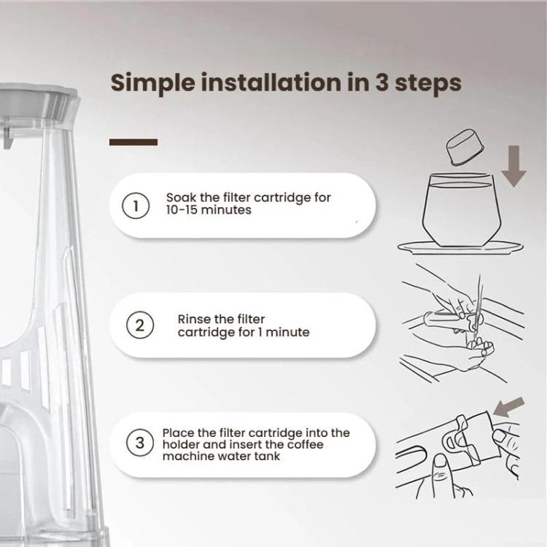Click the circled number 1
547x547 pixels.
pyautogui.click(x=136, y=206)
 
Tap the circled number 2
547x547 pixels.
pyautogui.click(x=139, y=325)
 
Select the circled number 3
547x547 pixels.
pyautogui.click(x=139, y=443)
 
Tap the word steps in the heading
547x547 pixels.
pyautogui.click(x=428, y=84)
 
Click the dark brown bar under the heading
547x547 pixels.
pyautogui.click(x=133, y=142)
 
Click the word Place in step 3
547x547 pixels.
pyautogui.click(x=178, y=433)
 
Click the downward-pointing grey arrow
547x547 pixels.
pyautogui.click(x=514, y=166)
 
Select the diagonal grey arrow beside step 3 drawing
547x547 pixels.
pyautogui.click(x=509, y=407)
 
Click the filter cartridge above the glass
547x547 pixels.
pyautogui.click(x=465, y=147)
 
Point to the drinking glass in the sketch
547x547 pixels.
pyautogui.click(x=461, y=210)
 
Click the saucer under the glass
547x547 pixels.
pyautogui.click(x=460, y=247)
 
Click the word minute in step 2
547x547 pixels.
pyautogui.click(x=287, y=332)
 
